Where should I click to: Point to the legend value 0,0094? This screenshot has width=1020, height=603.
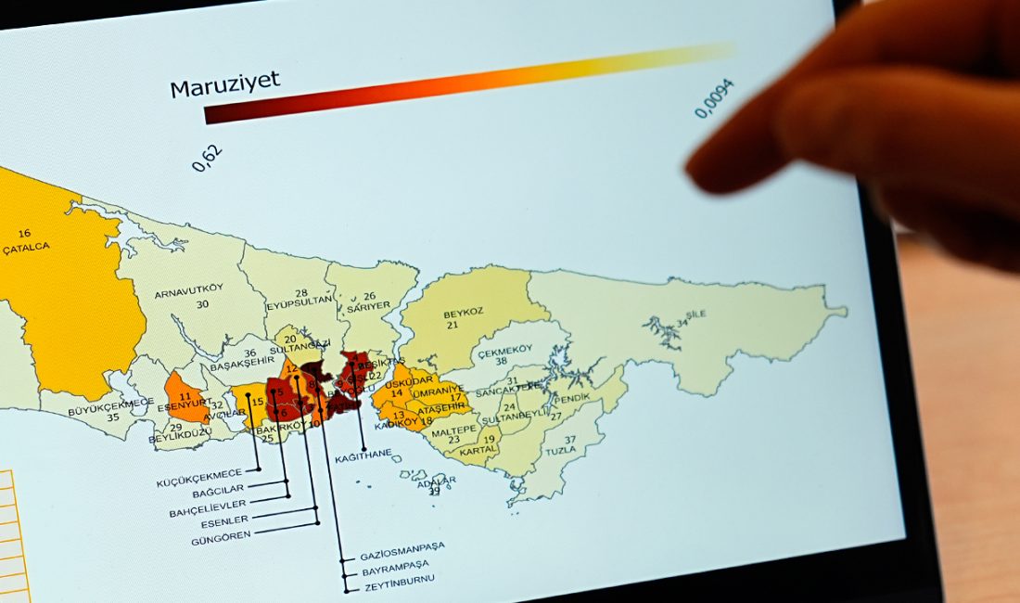pyautogui.click(x=714, y=98)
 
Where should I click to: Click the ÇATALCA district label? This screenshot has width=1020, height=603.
pyautogui.click(x=26, y=248)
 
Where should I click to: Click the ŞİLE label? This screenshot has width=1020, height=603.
pyautogui.click(x=695, y=314)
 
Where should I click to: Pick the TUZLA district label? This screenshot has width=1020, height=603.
pyautogui.click(x=561, y=450)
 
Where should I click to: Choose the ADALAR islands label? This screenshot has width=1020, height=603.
pyautogui.click(x=433, y=481)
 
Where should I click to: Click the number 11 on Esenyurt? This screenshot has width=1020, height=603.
pyautogui.click(x=185, y=397)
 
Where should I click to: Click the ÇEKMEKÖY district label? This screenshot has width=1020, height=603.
pyautogui.click(x=502, y=353)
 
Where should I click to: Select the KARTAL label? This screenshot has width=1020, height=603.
pyautogui.click(x=478, y=451)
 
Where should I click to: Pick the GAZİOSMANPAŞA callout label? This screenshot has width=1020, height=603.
pyautogui.click(x=402, y=546)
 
